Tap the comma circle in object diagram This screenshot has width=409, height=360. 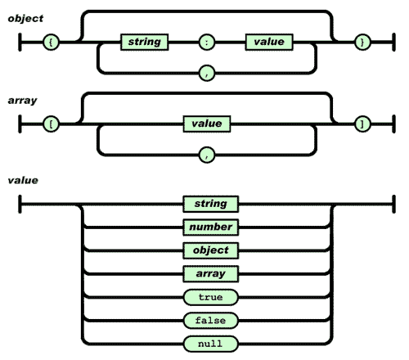(206, 72)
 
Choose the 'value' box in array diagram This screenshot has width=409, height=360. (206, 124)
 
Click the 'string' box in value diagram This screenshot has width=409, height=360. (206, 203)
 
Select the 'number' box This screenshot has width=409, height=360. (206, 227)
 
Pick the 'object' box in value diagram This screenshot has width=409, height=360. (206, 250)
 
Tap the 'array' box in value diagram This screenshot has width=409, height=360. (206, 273)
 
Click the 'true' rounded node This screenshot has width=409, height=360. (206, 297)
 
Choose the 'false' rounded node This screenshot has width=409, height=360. (206, 320)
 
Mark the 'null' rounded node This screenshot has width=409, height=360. (206, 343)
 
